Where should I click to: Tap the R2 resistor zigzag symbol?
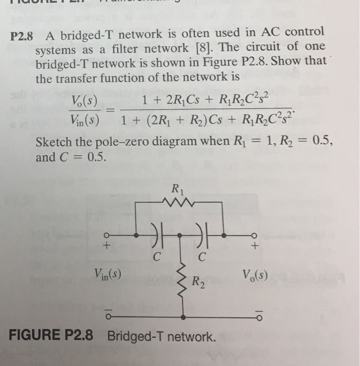point(182,282)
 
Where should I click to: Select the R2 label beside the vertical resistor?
point(198,283)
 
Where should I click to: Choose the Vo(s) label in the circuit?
point(255,275)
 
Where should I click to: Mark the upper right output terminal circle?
point(255,234)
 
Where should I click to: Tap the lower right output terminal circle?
point(255,316)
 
